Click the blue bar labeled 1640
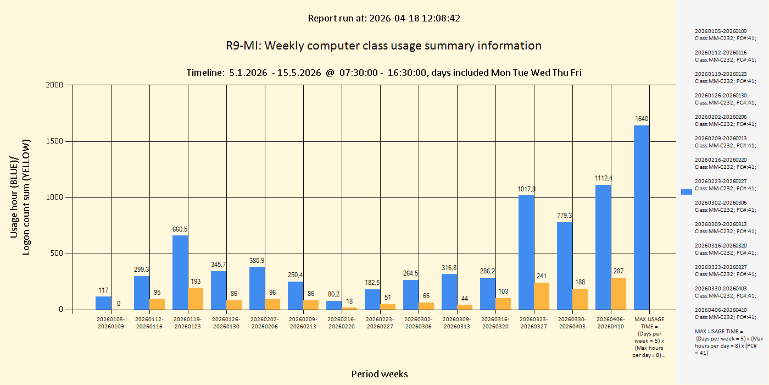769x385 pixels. point(642,217)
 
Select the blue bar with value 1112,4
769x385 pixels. point(603,247)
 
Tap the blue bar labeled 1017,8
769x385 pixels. point(526,252)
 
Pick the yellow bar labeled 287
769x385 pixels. point(618,294)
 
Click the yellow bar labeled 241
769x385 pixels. point(542,296)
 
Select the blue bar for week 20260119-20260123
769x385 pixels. point(180,272)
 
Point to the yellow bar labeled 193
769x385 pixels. point(196,299)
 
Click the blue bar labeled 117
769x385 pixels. point(103,303)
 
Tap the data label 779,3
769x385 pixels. point(565,216)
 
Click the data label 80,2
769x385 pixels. point(334,294)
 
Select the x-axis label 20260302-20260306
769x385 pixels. point(419,323)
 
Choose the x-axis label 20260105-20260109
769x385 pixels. point(111,323)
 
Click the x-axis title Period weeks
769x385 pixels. point(380,374)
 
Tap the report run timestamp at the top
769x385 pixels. point(384,18)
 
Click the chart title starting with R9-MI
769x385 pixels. point(383,46)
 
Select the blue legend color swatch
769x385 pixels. point(687,191)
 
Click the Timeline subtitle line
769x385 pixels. point(384,73)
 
